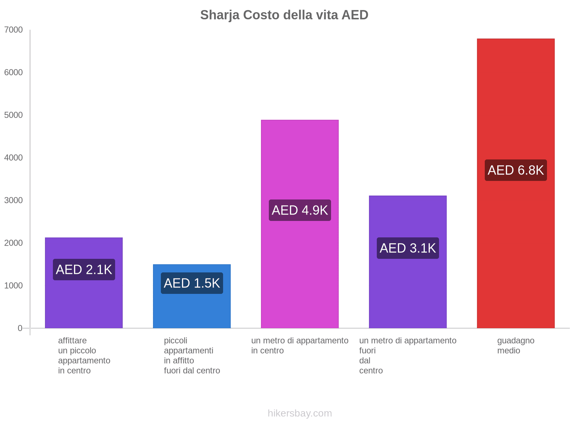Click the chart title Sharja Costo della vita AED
[x=284, y=15]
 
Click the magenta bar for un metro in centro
[x=300, y=161]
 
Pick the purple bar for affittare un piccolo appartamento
[x=84, y=304]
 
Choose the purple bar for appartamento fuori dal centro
[x=408, y=293]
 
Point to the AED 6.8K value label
[x=516, y=170]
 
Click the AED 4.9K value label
[x=300, y=210]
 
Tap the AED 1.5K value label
[x=192, y=283]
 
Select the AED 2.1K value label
[x=84, y=270]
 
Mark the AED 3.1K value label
[x=408, y=248]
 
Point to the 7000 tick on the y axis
[x=14, y=30]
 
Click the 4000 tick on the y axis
[x=14, y=158]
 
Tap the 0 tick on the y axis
[x=20, y=328]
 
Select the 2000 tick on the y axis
[x=14, y=243]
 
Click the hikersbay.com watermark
[x=300, y=413]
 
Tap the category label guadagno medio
[x=516, y=345]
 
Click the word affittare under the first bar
[x=72, y=340]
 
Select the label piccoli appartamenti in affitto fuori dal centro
[x=192, y=355]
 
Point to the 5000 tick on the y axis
[x=14, y=115]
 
